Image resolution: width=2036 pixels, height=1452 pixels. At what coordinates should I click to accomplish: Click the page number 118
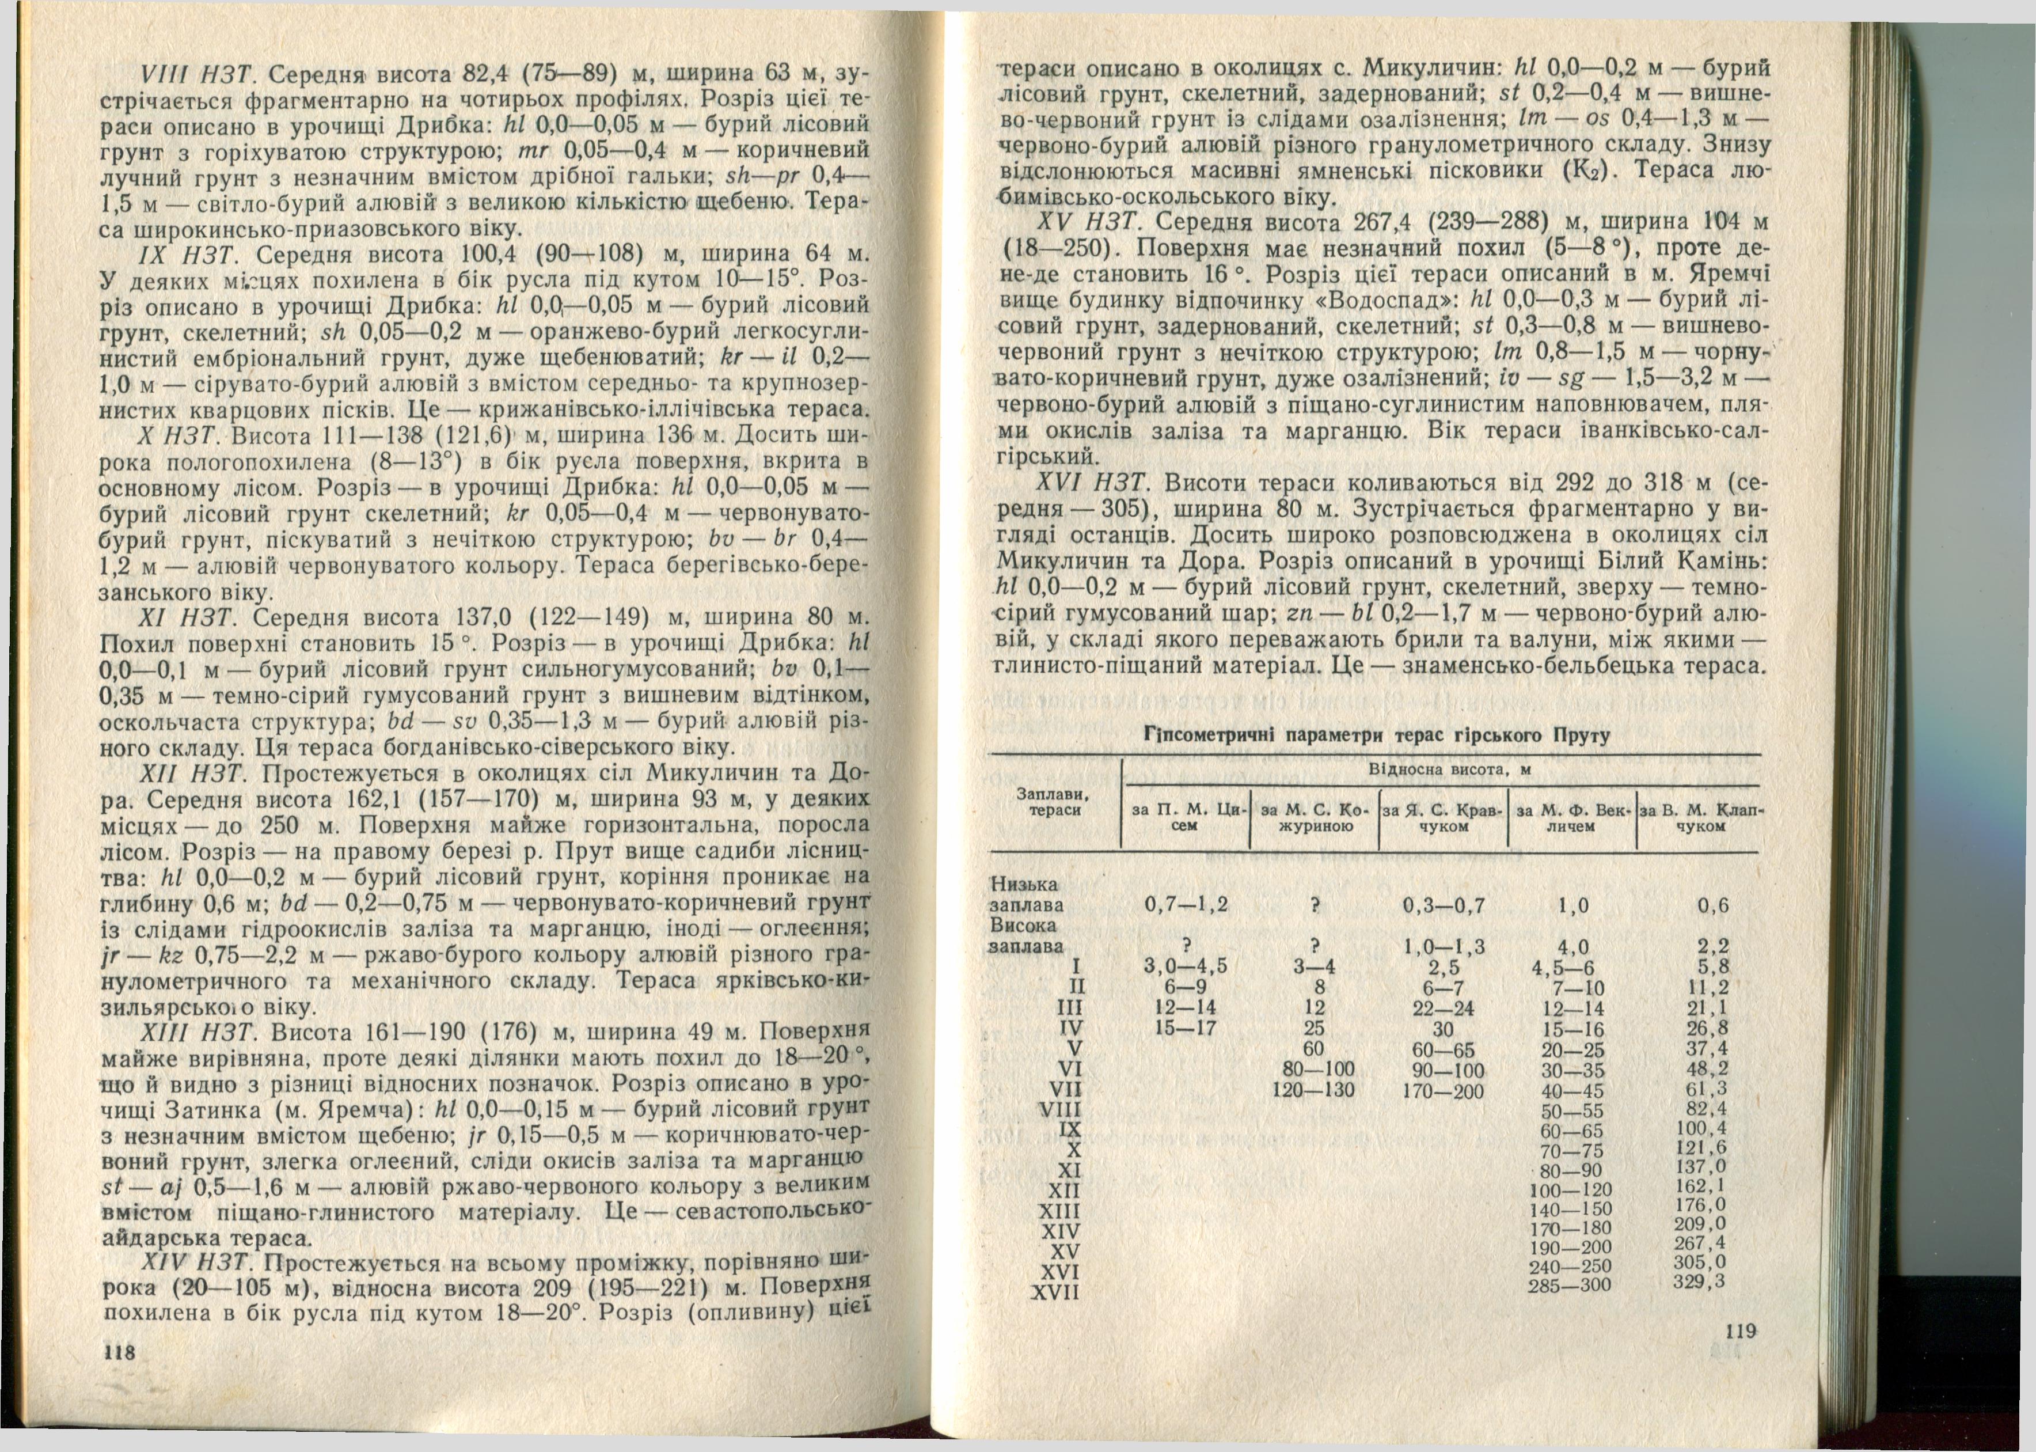pyautogui.click(x=119, y=1353)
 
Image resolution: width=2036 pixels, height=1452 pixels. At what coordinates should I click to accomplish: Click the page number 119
pyautogui.click(x=1740, y=1332)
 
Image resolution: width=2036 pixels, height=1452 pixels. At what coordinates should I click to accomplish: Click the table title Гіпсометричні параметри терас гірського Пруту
pyautogui.click(x=1376, y=736)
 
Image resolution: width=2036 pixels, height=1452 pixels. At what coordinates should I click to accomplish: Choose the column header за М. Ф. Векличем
pyautogui.click(x=1571, y=818)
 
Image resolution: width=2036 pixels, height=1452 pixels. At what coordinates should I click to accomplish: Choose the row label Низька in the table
pyautogui.click(x=1024, y=884)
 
